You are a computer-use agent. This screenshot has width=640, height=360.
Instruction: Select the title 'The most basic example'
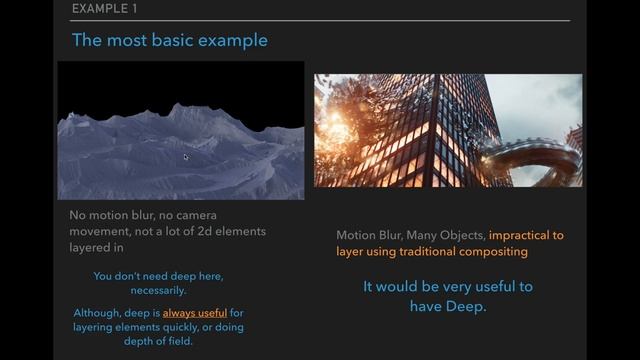click(169, 40)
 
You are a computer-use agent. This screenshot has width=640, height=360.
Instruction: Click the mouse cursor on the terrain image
click(186, 156)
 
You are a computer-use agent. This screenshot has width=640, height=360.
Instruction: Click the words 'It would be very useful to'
click(447, 287)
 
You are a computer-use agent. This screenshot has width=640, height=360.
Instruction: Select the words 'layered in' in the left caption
click(97, 247)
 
